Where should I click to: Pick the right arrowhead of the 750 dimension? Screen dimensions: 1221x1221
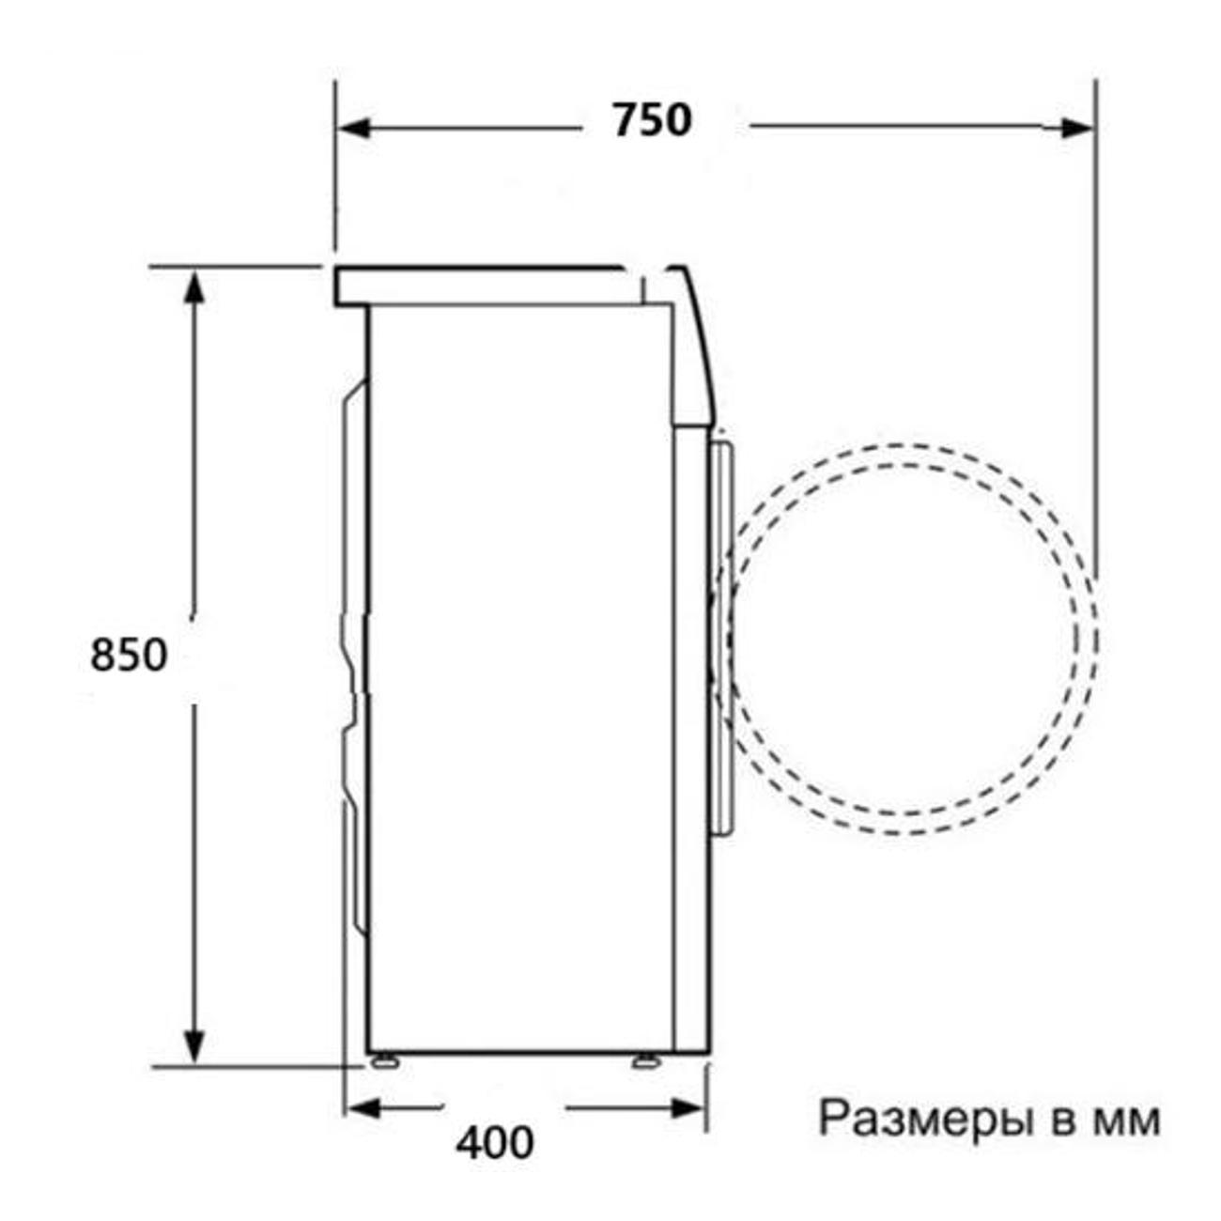tap(1076, 128)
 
